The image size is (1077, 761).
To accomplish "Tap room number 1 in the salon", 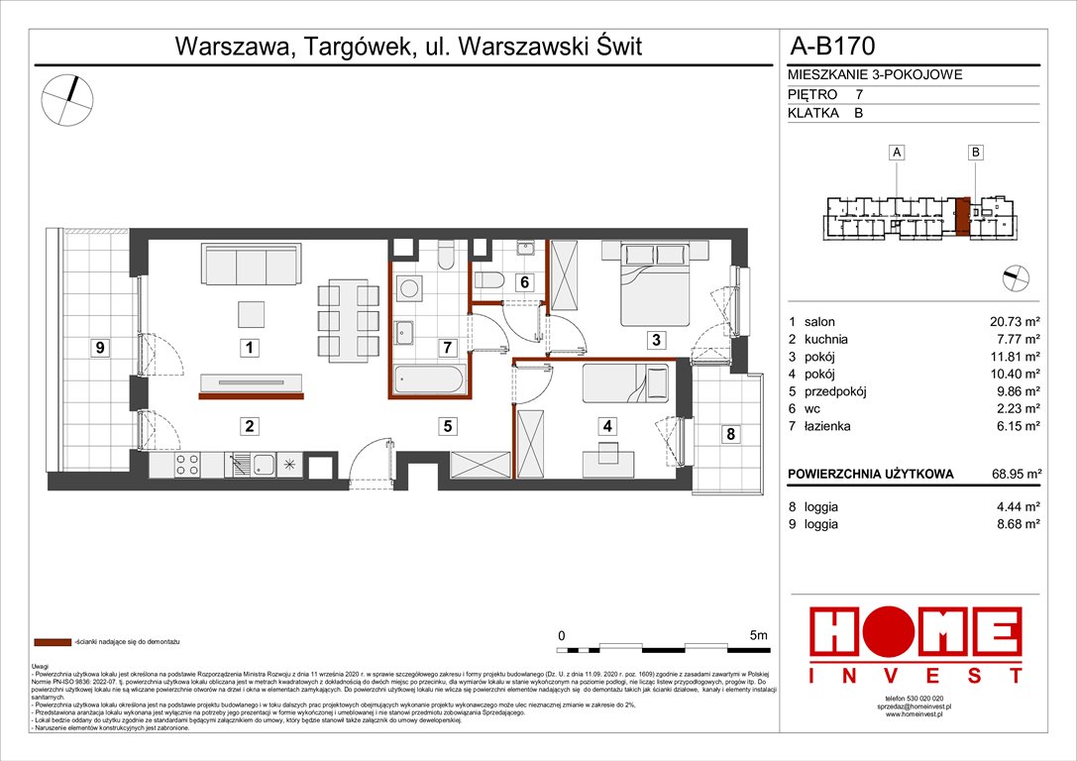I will pos(252,348).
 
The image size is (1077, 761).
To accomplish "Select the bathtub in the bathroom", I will pos(429,381).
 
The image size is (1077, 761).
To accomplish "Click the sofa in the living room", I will pos(252,264).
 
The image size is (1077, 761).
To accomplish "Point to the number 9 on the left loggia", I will pos(100,348).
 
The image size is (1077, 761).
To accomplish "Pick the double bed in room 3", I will pos(653,283).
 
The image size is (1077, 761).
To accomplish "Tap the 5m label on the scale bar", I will pos(759,634).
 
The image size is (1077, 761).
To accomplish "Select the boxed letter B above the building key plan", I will pos(976,153).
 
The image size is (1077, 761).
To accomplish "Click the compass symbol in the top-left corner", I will pos(67,100).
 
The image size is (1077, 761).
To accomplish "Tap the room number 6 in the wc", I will pos(523,282).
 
